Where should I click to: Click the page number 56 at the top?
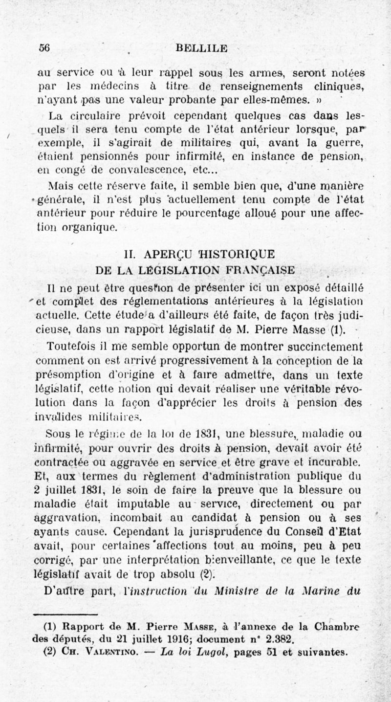(46, 47)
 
